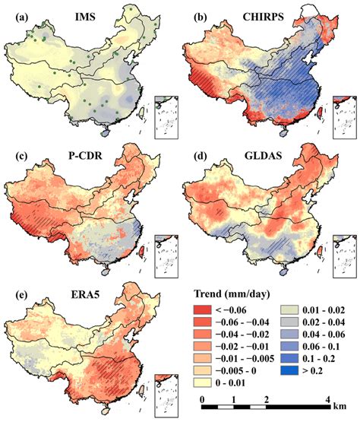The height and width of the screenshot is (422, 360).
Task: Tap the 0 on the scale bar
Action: click(x=202, y=400)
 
